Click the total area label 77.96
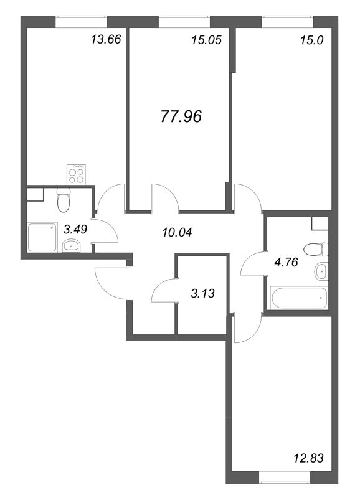coord(181,116)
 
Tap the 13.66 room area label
coord(106,40)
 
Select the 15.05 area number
coord(207,40)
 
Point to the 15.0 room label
coord(311,40)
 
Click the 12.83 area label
coord(308,458)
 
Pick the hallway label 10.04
coord(177,232)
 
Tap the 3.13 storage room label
coord(202,293)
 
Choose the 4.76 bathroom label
coord(286,262)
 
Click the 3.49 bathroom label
coord(75,228)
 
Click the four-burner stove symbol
coord(76,174)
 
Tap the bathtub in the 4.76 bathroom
coord(298,298)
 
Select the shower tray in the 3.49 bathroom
coord(42,238)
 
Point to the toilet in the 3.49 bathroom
coord(64,199)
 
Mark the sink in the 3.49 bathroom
coord(72,245)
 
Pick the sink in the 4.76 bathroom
coord(321,271)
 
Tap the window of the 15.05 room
coord(184,22)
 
